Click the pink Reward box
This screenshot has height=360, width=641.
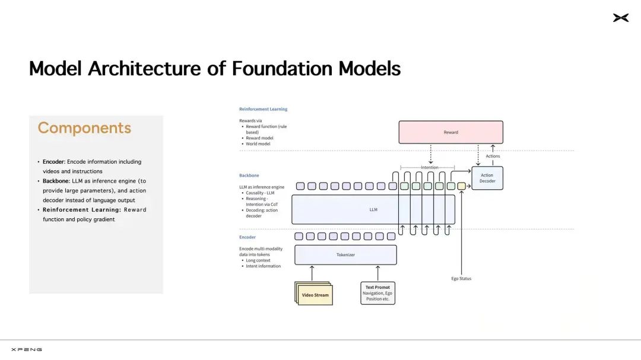451,132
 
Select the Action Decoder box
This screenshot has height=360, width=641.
487,178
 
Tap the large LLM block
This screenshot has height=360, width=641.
373,209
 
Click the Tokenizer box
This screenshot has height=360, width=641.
345,254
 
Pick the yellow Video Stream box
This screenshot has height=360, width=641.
314,294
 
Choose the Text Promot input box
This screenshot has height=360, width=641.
377,293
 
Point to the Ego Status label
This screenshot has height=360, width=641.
461,279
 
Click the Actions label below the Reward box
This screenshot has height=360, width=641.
493,156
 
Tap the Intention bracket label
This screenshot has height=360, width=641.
430,167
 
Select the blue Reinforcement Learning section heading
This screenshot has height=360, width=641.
264,109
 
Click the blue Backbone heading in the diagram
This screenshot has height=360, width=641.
249,176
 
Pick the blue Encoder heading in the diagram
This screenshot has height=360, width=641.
247,237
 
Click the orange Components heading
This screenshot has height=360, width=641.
84,128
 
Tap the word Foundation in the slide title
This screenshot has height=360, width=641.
282,68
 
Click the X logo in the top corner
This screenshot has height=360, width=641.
621,18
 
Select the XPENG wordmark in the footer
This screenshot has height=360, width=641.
27,349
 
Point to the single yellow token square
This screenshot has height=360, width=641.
462,186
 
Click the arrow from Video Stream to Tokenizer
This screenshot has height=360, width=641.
312,273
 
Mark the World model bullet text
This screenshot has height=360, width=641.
258,144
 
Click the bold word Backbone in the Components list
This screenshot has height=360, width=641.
56,181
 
